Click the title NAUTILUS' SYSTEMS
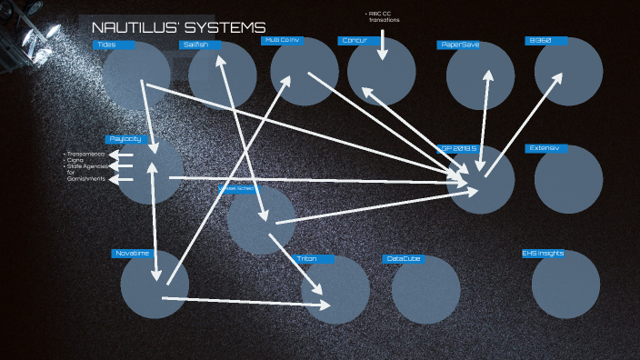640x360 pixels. (178, 28)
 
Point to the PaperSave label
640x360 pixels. (459, 45)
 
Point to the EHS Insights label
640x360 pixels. (543, 254)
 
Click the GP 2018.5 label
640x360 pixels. (458, 148)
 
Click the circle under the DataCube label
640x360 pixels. (425, 289)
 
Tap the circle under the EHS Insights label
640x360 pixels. (565, 285)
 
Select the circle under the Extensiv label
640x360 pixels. (568, 179)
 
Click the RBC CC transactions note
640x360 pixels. (383, 16)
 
